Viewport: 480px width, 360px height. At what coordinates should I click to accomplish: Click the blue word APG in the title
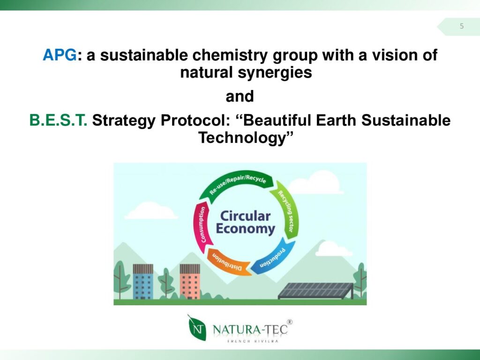tap(60, 55)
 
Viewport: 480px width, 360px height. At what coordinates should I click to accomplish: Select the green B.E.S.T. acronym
tap(58, 120)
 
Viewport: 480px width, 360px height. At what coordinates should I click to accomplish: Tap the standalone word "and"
tap(240, 97)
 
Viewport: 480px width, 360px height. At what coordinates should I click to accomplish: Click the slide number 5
tap(462, 26)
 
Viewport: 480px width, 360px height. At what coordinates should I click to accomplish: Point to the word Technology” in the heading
tap(246, 138)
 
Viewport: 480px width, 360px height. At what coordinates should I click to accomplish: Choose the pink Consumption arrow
tap(202, 226)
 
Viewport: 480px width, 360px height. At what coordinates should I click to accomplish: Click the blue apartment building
tap(143, 282)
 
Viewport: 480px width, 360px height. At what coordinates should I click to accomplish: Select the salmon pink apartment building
tap(190, 282)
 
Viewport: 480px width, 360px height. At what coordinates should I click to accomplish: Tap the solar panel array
tap(316, 291)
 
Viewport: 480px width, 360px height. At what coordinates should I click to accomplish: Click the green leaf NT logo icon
tap(196, 328)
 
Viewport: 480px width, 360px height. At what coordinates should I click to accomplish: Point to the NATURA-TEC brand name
tap(250, 330)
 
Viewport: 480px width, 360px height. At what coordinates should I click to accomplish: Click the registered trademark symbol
tap(290, 322)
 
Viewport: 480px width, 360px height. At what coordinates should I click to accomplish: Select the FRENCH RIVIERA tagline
tap(253, 341)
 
